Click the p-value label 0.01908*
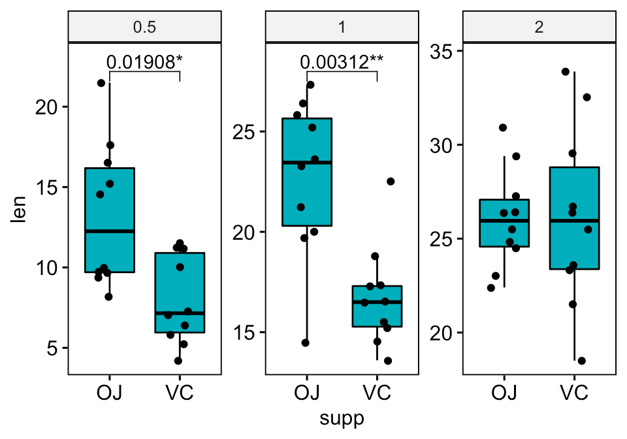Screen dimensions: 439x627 [144, 62]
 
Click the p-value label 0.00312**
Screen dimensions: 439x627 [342, 62]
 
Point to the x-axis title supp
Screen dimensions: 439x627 [342, 418]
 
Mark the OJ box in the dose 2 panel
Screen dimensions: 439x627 [504, 223]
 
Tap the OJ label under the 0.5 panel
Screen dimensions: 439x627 [109, 393]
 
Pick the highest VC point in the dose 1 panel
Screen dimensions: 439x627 [391, 182]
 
